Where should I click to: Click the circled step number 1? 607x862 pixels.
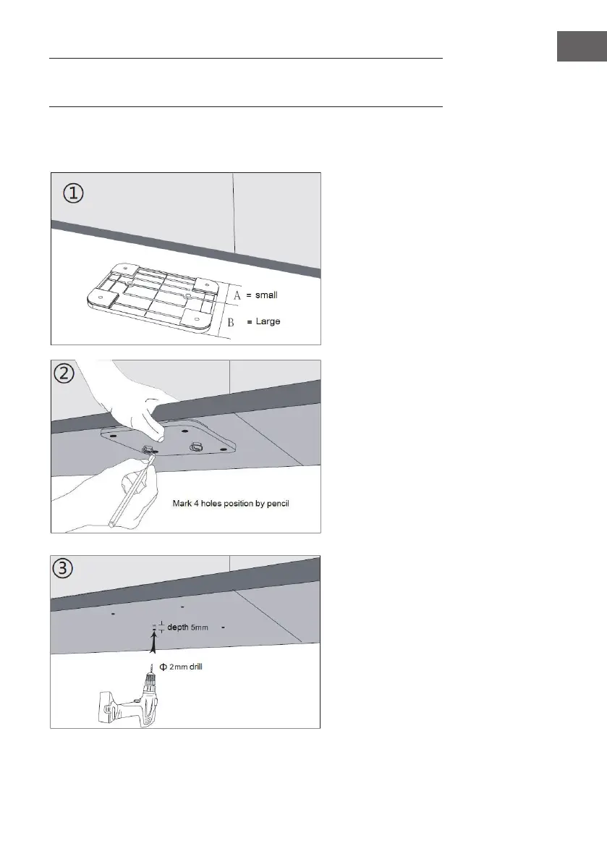pyautogui.click(x=72, y=194)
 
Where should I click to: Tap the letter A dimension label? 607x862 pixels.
pyautogui.click(x=237, y=295)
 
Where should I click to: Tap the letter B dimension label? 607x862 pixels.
pyautogui.click(x=231, y=322)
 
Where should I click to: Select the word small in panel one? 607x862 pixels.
pyautogui.click(x=266, y=295)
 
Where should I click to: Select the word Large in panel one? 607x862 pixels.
pyautogui.click(x=268, y=321)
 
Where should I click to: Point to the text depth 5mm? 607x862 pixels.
pyautogui.click(x=187, y=628)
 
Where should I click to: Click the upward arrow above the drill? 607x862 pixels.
pyautogui.click(x=153, y=641)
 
